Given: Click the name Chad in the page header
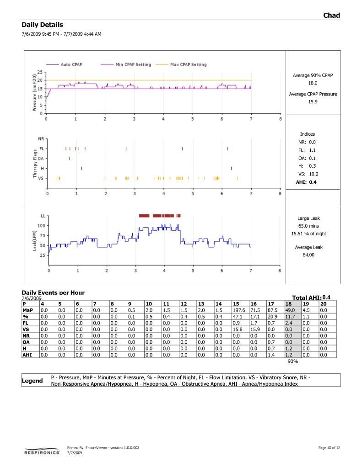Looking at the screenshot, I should [x=331, y=16].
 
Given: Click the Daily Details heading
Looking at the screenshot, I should [x=42, y=25].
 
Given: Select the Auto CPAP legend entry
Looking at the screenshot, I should [x=71, y=65].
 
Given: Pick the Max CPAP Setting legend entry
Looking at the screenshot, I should [x=188, y=65].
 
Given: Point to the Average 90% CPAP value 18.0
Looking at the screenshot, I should [x=313, y=83].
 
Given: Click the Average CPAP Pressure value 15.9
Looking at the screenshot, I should [x=313, y=102].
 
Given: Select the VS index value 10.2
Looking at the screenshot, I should [x=313, y=174].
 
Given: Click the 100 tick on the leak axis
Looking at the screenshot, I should [x=42, y=226].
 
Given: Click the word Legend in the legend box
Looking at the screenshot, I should [x=32, y=381].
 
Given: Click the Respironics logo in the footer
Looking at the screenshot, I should [x=42, y=452].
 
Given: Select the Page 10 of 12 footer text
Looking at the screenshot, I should [x=329, y=447].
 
